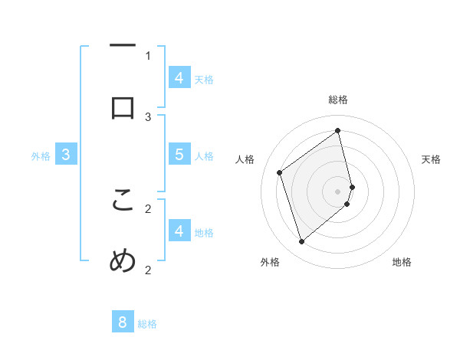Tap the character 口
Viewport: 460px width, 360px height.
123,109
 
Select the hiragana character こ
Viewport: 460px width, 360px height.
123,201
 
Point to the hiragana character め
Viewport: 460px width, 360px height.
123,262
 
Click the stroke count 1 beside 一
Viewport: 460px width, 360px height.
148,55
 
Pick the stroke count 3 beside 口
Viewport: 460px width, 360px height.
148,116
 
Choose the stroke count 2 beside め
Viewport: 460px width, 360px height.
148,270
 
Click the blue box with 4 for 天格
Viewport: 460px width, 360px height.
179,77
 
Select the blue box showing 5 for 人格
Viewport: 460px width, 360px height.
179,154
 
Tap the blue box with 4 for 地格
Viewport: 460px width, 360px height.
179,231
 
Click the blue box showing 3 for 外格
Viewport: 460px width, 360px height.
66,155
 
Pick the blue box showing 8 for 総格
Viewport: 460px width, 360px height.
123,322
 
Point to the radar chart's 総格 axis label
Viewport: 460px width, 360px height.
338,100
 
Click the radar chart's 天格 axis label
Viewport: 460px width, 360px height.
431,159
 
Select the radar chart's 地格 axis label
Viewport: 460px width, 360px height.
402,263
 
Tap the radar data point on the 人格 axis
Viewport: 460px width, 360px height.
280,173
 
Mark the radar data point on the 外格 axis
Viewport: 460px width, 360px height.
301,242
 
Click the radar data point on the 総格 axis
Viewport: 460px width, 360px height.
338,130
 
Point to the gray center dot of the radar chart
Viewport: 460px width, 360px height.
338,191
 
